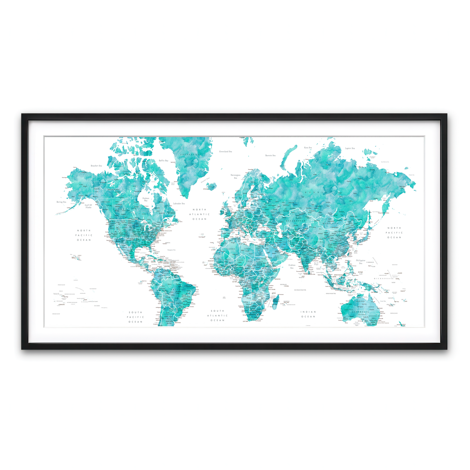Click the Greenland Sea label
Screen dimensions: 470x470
225,151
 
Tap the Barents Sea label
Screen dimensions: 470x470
270,155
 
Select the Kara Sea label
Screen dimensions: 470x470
308,148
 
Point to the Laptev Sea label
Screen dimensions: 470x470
350,148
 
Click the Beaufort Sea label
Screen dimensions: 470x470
96,166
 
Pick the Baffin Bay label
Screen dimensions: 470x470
163,161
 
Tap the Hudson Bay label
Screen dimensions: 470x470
146,199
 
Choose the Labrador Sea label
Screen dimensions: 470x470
179,204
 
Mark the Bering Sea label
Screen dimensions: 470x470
61,202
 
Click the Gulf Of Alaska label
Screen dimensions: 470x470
89,206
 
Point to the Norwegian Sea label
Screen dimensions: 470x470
235,176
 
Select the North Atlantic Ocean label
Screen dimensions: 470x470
201,214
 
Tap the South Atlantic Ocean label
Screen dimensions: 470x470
217,315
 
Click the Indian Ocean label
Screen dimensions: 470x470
308,314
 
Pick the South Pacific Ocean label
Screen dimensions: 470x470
136,317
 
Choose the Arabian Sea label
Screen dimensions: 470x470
292,266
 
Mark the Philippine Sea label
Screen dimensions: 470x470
360,262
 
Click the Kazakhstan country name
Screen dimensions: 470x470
295,221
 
